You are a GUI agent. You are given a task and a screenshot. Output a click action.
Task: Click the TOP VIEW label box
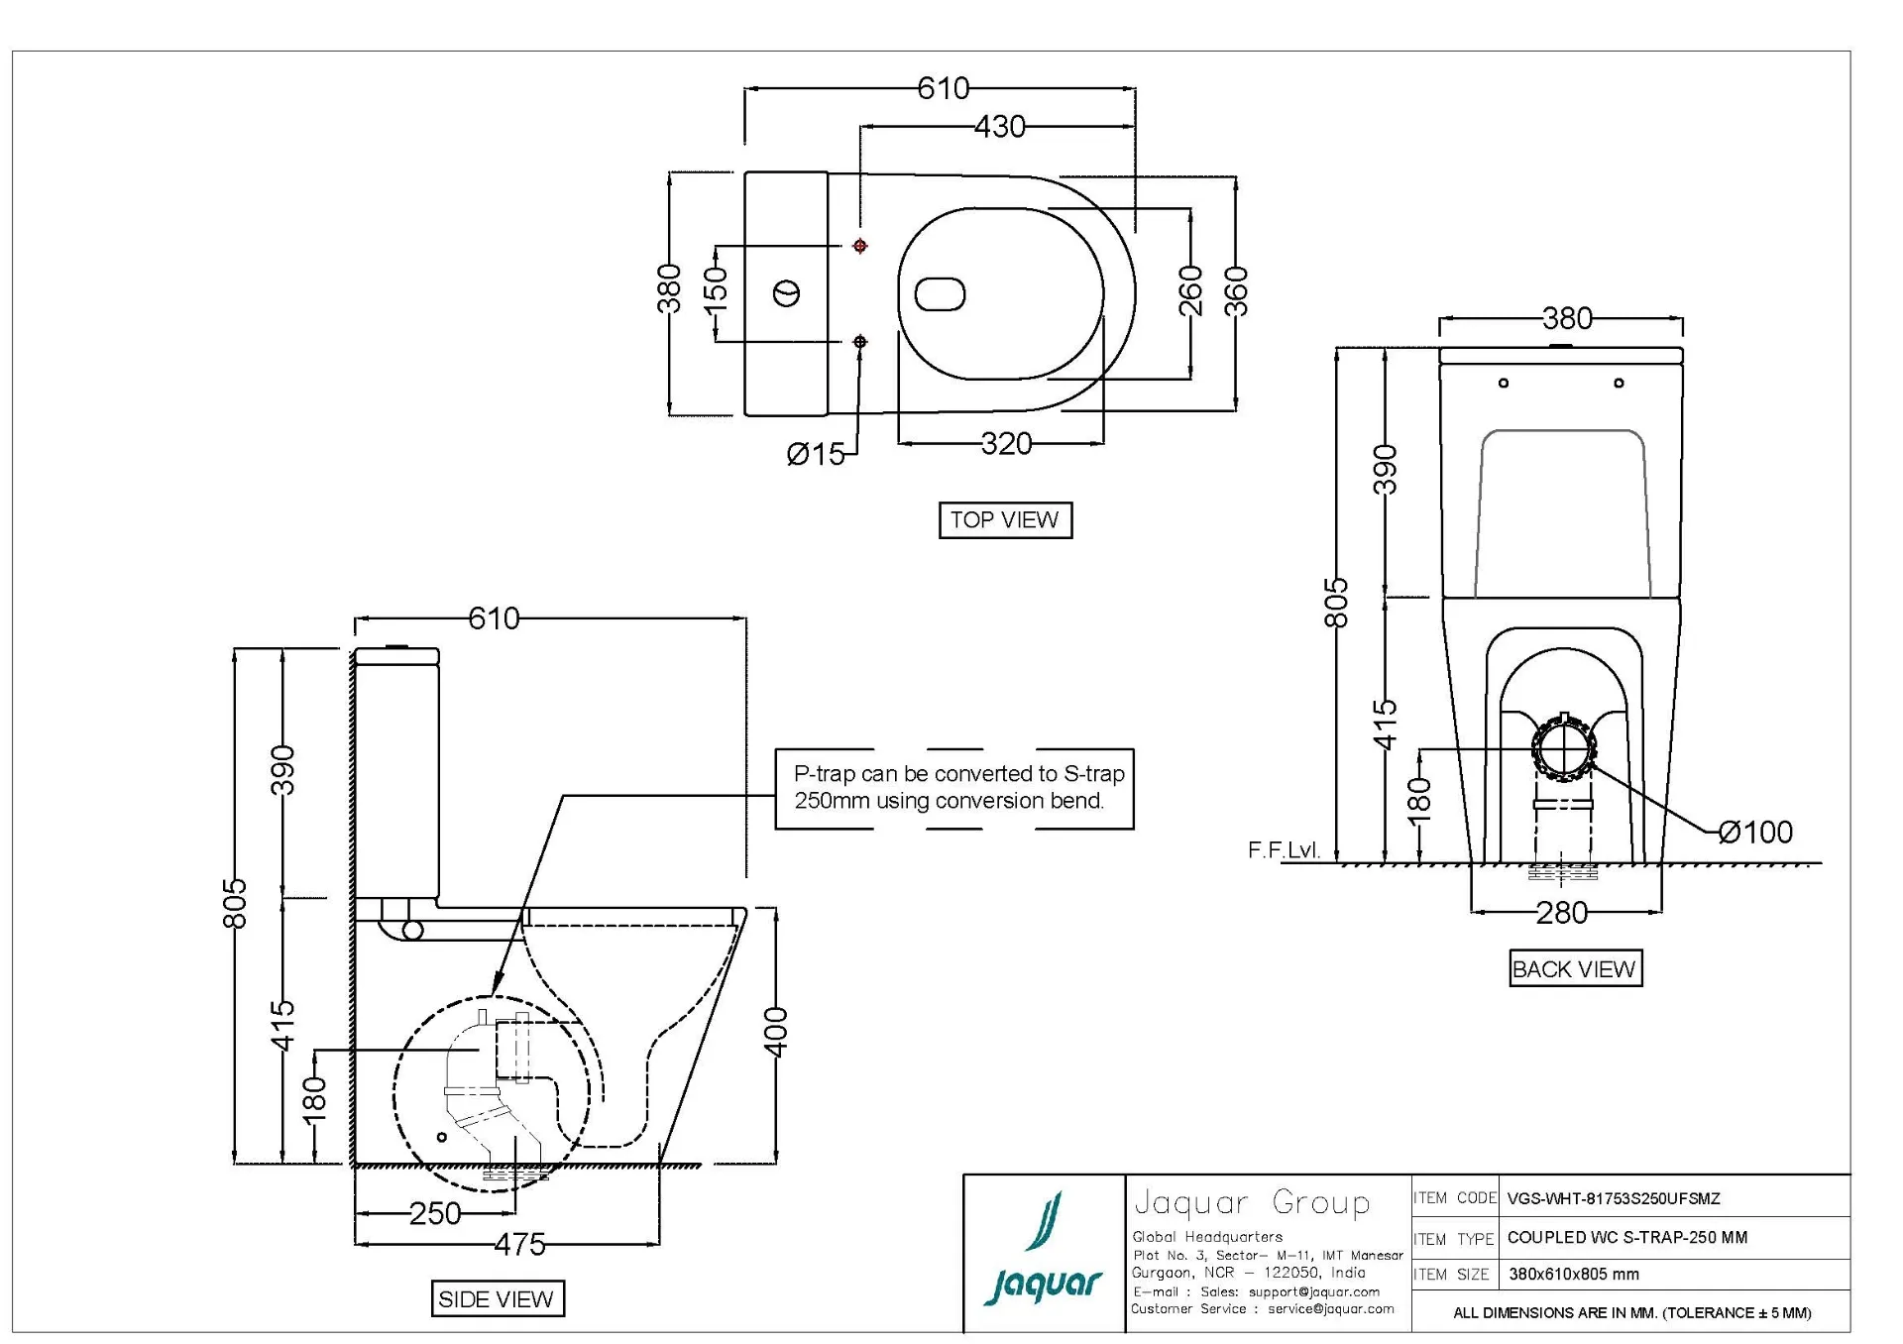1005,520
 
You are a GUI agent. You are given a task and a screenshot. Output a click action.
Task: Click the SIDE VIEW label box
497,1299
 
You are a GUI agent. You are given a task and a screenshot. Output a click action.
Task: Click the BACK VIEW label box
1574,969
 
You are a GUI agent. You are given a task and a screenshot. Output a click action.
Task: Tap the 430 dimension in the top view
999,127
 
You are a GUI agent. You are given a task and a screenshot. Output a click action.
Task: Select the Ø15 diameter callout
815,454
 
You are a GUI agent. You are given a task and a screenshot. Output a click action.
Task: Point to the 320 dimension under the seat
1006,444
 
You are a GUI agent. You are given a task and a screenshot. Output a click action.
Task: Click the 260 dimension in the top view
1190,290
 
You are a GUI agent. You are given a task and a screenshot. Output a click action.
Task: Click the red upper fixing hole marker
860,246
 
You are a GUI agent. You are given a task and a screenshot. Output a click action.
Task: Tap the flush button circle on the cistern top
786,293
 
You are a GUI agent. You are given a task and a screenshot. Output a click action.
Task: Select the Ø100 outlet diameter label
1755,833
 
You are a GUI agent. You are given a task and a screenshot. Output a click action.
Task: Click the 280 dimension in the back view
1561,913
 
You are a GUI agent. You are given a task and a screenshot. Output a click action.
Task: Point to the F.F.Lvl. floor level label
1284,850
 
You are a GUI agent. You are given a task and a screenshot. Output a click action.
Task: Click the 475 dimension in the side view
519,1245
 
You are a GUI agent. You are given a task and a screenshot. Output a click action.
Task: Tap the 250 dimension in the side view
435,1214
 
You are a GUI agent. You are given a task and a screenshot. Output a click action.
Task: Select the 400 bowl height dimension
776,1032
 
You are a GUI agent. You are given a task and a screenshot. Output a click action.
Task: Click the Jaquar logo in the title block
1044,1252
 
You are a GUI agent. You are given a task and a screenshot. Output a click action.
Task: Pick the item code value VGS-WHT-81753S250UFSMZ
1614,1199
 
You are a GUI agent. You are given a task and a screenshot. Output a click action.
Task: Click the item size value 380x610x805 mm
1574,1275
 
